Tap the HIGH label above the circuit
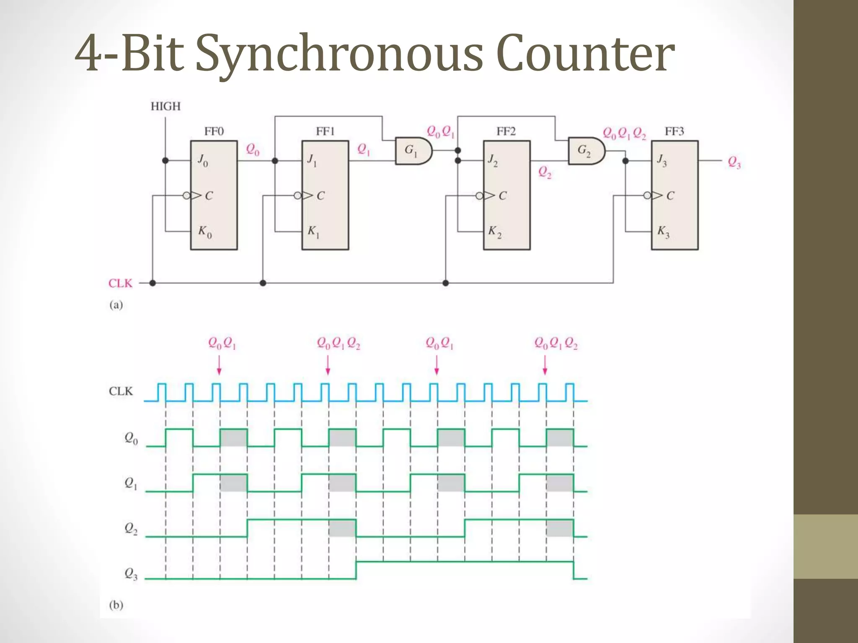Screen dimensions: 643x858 [x=165, y=106]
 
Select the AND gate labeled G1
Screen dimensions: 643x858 [x=413, y=150]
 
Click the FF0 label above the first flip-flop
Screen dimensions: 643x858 [x=214, y=131]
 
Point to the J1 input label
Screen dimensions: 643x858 [x=312, y=160]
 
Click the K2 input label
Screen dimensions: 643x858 [x=494, y=231]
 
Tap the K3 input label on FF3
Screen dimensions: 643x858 [x=663, y=231]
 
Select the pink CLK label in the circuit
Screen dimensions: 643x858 [x=120, y=283]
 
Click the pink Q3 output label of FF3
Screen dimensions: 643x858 [x=734, y=162]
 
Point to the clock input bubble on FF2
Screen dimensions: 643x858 [x=479, y=195]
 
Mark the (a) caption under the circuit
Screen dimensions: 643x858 [x=116, y=305]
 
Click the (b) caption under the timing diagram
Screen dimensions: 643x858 [x=116, y=605]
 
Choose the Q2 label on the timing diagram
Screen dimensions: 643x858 [x=131, y=529]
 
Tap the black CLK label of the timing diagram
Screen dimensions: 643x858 [x=121, y=391]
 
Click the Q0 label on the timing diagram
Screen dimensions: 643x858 [x=131, y=438]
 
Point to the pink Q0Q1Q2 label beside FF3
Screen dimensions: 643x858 [x=624, y=134]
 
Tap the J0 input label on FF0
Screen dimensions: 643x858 [x=203, y=160]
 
